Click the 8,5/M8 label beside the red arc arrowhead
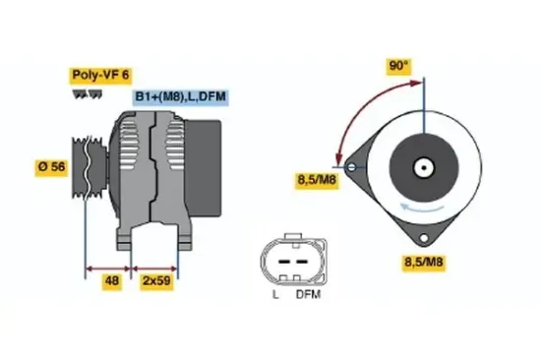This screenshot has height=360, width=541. [317, 179]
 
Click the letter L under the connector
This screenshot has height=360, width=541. [275, 295]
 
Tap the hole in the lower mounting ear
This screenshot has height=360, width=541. [424, 240]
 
